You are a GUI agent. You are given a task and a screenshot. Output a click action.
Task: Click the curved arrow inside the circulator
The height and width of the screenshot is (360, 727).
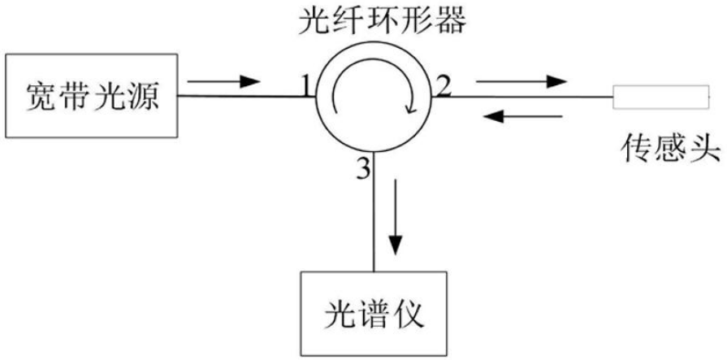[x=374, y=97]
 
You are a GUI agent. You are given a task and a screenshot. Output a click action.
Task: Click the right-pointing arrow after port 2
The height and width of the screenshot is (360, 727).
[x=521, y=81]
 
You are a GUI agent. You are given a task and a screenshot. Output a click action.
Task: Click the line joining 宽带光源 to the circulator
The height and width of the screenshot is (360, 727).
[x=244, y=98]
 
